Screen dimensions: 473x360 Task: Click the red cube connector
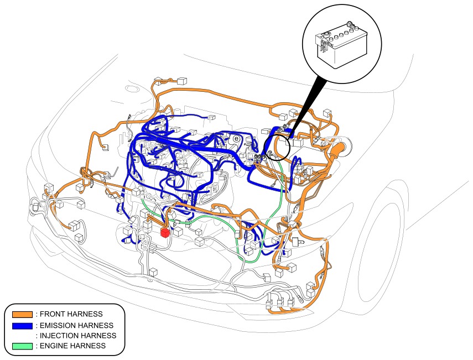[x=165, y=232]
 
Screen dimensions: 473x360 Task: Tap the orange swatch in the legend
[x=22, y=314]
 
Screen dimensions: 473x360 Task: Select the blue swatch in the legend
[x=22, y=326]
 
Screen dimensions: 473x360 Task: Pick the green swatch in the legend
[x=22, y=346]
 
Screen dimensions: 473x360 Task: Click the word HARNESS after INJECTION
[x=98, y=336]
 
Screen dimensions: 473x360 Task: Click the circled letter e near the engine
[x=237, y=138]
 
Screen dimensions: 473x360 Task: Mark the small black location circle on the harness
[x=277, y=148]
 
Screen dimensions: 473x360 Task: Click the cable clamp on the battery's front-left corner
[x=324, y=45]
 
